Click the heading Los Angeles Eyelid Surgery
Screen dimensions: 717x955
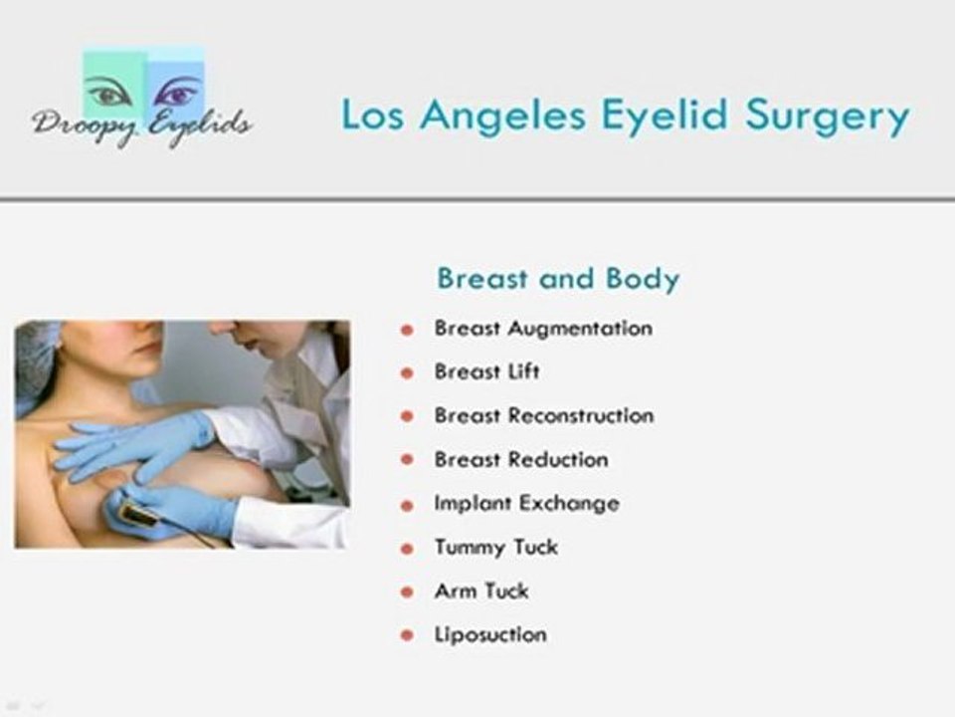[x=625, y=117]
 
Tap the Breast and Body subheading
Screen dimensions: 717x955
[x=558, y=279]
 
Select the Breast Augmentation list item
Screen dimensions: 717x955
[x=543, y=329]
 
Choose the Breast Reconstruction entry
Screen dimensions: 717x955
[x=543, y=416]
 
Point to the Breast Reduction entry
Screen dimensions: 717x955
[x=520, y=460]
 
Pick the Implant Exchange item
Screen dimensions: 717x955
[x=526, y=504]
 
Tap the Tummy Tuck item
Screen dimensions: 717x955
[x=495, y=548]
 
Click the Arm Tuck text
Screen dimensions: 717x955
[x=480, y=592]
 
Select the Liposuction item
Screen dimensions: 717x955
[x=489, y=634]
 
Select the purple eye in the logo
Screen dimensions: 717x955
[x=175, y=95]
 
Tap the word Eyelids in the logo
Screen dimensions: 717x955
[x=200, y=127]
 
